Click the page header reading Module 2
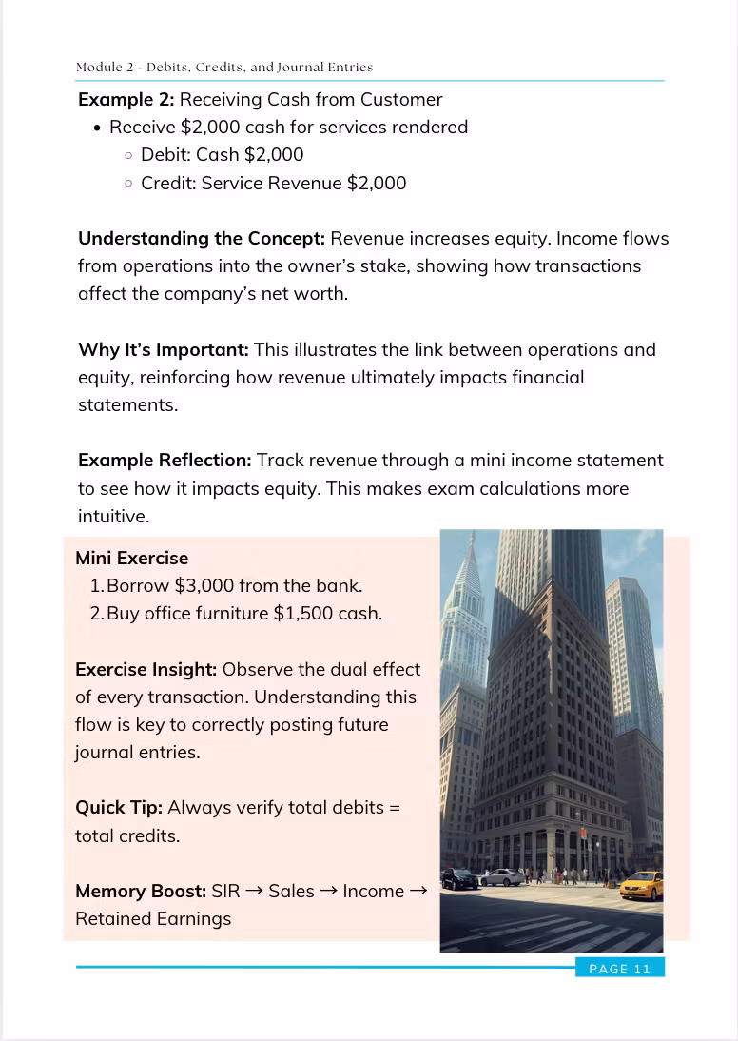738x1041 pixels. click(x=224, y=68)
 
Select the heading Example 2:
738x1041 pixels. click(x=126, y=100)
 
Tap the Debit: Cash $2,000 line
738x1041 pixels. click(x=223, y=155)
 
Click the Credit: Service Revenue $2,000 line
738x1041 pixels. click(x=273, y=183)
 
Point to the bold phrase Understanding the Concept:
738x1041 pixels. click(x=202, y=239)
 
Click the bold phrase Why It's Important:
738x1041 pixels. click(x=164, y=350)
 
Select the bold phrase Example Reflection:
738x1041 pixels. click(x=165, y=461)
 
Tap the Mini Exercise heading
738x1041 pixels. click(x=132, y=559)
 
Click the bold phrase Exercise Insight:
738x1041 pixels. click(x=146, y=669)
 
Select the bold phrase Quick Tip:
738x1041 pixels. click(x=119, y=808)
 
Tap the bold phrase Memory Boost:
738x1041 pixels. click(x=141, y=892)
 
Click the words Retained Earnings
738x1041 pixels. click(x=153, y=919)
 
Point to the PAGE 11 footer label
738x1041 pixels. click(x=619, y=969)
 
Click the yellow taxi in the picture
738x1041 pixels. click(x=641, y=887)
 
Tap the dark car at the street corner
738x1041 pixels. click(x=461, y=879)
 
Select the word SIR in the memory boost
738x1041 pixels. click(x=225, y=892)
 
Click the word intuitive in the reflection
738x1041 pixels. click(x=112, y=517)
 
